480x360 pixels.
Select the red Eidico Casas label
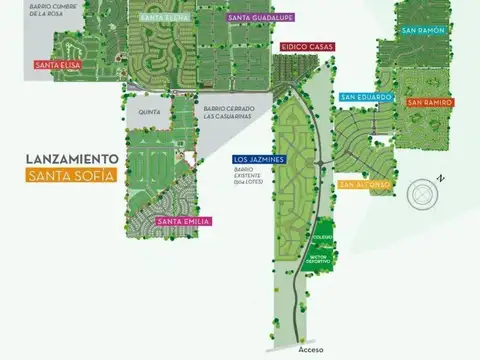pos(306,47)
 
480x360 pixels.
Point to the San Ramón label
pos(422,31)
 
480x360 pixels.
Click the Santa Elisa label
pos(57,66)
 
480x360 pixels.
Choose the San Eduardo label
pos(362,97)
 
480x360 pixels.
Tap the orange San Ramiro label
pos(430,102)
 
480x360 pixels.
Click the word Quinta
pos(150,112)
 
